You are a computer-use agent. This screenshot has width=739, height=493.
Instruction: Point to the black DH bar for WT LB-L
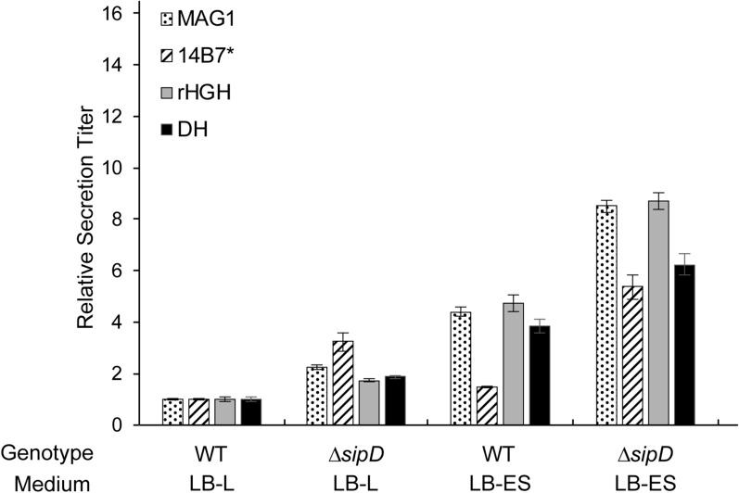251,412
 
